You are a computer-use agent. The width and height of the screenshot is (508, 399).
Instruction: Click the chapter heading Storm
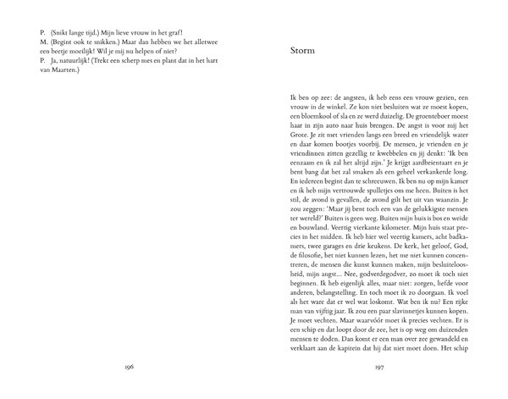tap(302, 51)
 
